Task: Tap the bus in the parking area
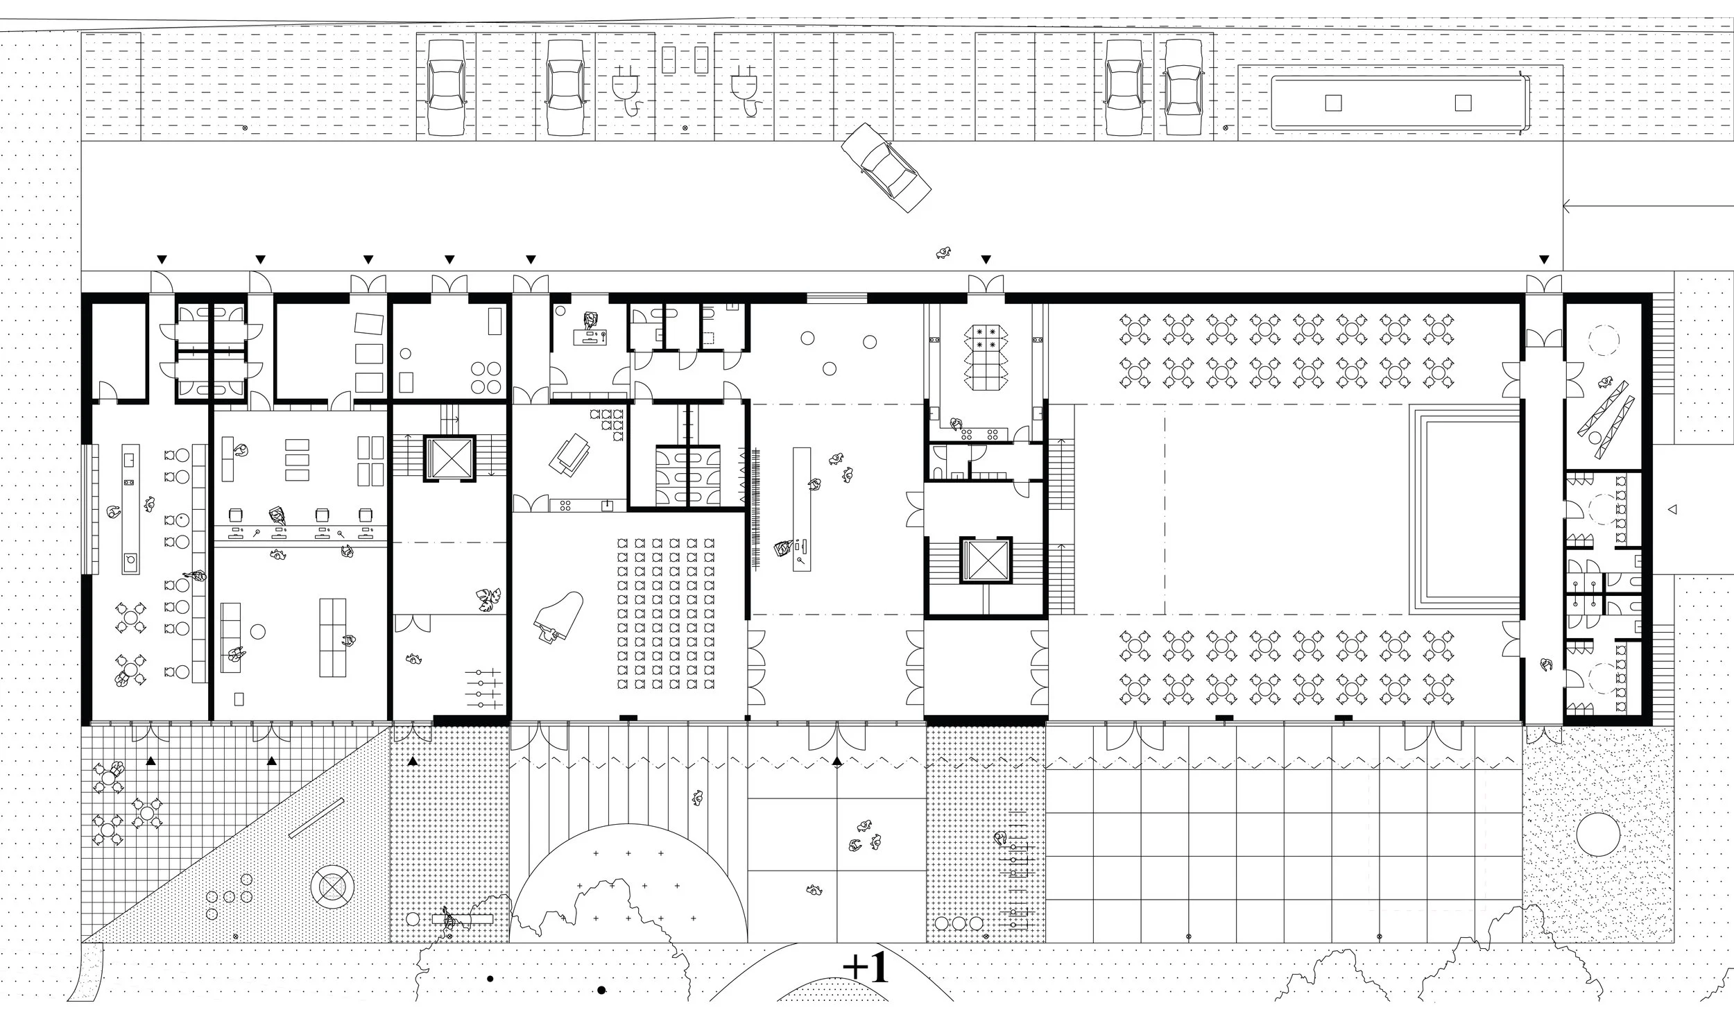pyautogui.click(x=1397, y=103)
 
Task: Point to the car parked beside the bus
pyautogui.click(x=1183, y=87)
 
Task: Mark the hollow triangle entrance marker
pyautogui.click(x=1672, y=510)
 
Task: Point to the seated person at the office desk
pyautogui.click(x=590, y=320)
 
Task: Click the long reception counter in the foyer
pyautogui.click(x=802, y=508)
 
